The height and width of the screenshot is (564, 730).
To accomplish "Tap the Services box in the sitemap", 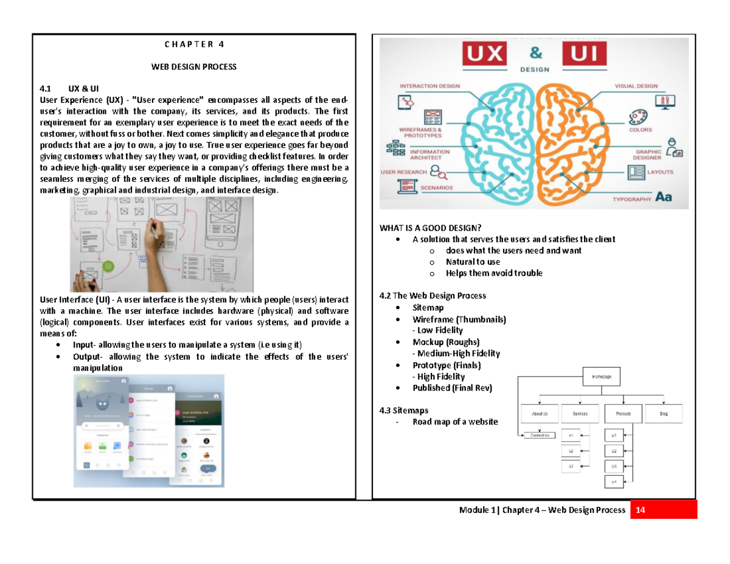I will [x=580, y=414].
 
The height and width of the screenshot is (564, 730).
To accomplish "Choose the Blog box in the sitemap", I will [x=664, y=414].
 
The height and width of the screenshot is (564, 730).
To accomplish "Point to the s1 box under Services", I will [x=571, y=436].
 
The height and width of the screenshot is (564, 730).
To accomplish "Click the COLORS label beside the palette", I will [x=641, y=130].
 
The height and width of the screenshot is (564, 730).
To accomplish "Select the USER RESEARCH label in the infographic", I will [x=404, y=172].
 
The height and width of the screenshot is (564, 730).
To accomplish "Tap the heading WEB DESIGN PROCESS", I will [x=193, y=66].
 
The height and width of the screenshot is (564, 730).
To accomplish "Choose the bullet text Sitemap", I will [x=427, y=308].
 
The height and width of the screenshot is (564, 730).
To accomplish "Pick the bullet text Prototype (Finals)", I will [x=446, y=365].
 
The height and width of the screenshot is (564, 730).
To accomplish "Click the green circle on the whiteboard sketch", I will [x=108, y=266].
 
